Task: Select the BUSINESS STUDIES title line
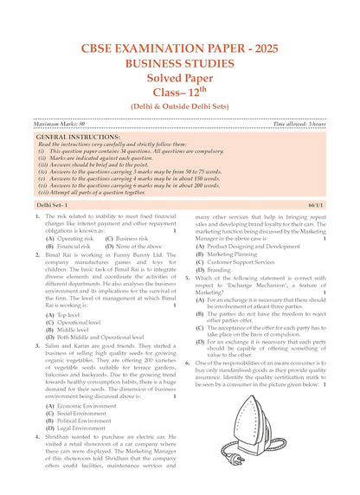point(180,63)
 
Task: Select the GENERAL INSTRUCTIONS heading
point(81,137)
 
